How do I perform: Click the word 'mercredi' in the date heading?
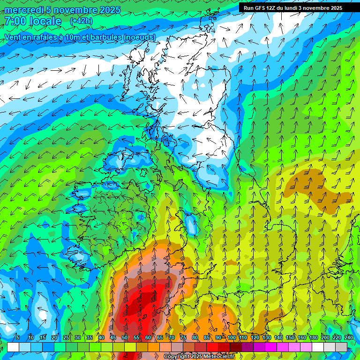24,10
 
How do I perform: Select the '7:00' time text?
15,21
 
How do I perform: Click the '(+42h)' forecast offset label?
81,21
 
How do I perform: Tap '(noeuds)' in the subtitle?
138,37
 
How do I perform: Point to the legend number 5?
18,337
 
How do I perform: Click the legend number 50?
124,337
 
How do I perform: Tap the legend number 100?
231,337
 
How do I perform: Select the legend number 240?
348,337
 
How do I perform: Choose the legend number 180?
313,337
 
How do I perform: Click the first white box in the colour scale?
13,347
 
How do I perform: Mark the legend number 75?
183,337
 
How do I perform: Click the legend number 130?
266,337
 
